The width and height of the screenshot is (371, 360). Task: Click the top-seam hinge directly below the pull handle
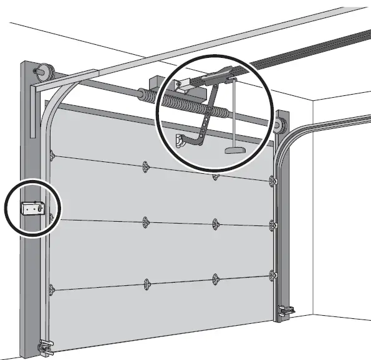click(x=216, y=176)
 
